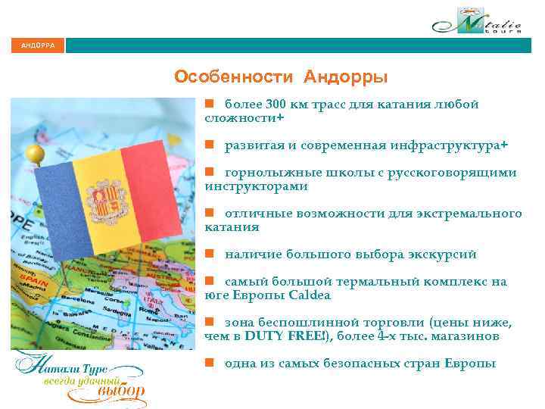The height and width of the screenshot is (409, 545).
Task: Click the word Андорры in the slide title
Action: click(x=347, y=77)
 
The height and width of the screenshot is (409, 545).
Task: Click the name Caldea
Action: click(x=307, y=295)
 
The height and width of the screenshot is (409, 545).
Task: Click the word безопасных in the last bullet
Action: click(x=361, y=364)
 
